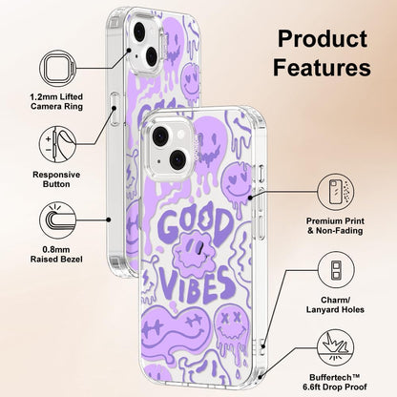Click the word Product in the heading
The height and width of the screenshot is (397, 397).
(x=323, y=39)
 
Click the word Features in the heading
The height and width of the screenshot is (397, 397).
(x=322, y=68)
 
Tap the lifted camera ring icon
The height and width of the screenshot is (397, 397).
(x=58, y=69)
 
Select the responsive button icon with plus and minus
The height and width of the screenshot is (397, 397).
(x=58, y=144)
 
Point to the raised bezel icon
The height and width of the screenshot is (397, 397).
(x=58, y=220)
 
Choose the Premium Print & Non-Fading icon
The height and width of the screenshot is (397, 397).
(x=336, y=192)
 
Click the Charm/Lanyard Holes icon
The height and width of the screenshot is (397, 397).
(x=336, y=270)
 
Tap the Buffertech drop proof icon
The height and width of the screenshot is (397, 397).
(x=336, y=347)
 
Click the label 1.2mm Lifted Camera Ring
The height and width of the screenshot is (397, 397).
(x=56, y=101)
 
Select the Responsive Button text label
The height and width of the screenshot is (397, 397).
(x=56, y=179)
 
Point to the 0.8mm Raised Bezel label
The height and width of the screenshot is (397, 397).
(x=56, y=255)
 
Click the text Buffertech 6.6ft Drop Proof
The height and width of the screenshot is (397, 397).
(x=335, y=383)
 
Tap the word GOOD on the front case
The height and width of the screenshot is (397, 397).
(x=195, y=225)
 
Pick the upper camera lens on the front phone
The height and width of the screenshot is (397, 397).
(x=160, y=136)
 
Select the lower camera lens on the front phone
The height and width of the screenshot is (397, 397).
(x=178, y=159)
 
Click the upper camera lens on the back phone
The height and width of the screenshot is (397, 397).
(x=139, y=31)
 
